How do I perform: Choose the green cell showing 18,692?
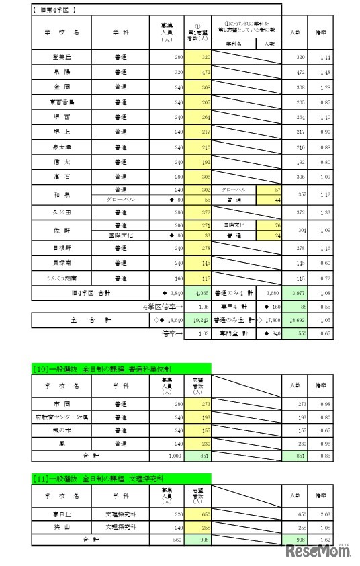296,322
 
